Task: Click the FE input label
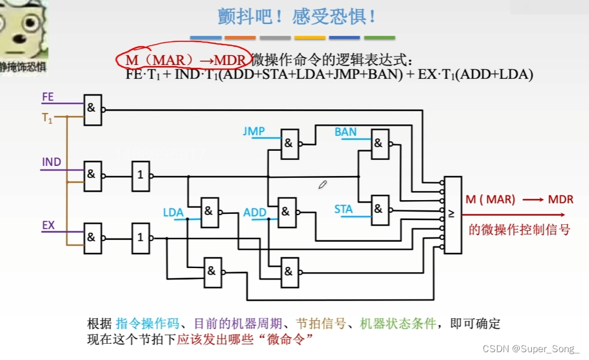click(48, 97)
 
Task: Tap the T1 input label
click(47, 118)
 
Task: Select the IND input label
click(51, 162)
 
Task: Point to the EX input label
click(49, 226)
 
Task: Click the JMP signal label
click(254, 131)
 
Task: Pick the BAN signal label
click(346, 132)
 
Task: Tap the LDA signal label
click(173, 213)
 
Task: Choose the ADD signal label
click(255, 213)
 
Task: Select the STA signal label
click(344, 210)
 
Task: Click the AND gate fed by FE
click(93, 109)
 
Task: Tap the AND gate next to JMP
click(289, 144)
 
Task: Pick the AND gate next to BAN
click(379, 144)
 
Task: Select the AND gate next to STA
click(379, 209)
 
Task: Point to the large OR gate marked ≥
click(453, 214)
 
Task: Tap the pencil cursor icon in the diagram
click(322, 185)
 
